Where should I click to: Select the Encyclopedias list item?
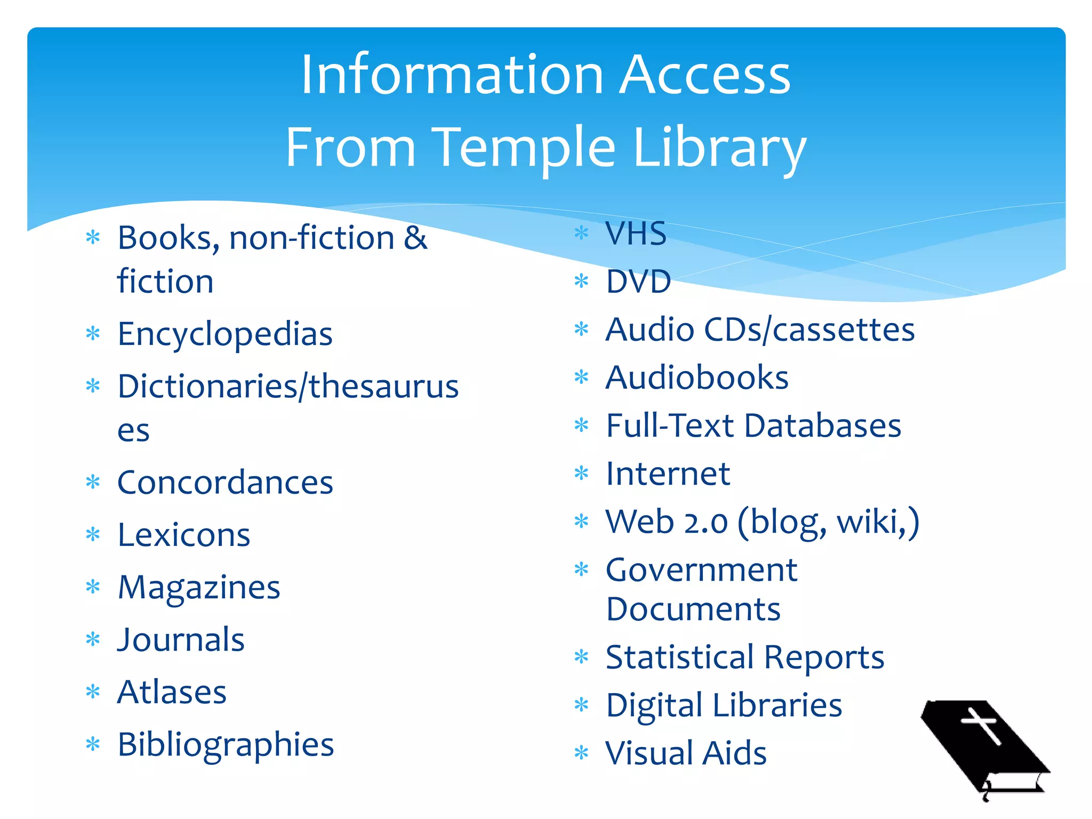225,334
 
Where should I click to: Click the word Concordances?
225,483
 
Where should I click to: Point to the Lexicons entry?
184,535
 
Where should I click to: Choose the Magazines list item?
199,588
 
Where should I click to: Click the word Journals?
181,640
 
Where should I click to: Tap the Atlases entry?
172,692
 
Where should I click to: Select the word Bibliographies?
226,745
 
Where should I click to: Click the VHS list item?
636,234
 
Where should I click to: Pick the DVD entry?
638,282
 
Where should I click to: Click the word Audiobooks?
697,378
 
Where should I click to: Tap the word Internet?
668,473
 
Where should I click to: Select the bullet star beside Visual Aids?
581,753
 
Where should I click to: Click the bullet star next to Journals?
93,639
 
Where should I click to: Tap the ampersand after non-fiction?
415,238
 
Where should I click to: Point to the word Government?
702,570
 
